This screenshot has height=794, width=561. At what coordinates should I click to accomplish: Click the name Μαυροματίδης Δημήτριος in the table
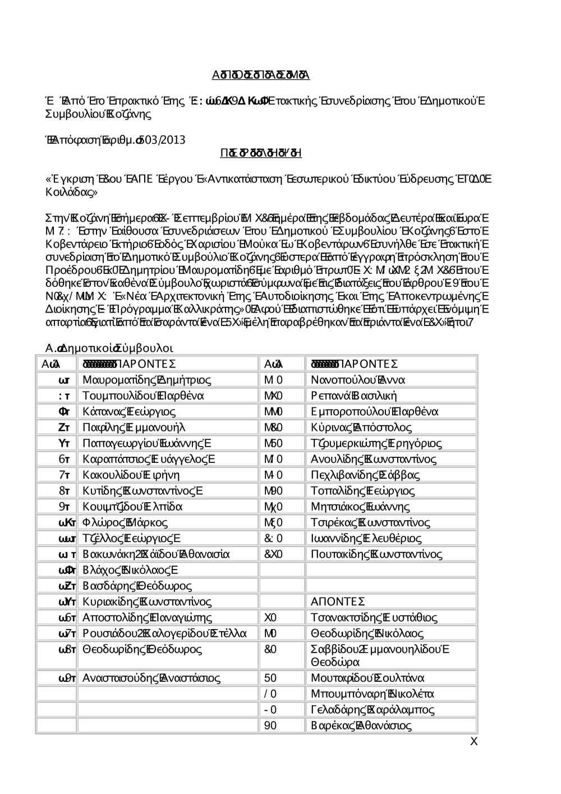click(146, 380)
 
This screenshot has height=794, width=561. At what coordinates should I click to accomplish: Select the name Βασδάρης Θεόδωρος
click(137, 586)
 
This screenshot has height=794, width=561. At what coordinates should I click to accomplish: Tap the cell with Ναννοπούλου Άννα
click(357, 380)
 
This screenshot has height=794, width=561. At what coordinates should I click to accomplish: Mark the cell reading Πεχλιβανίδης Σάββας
click(365, 475)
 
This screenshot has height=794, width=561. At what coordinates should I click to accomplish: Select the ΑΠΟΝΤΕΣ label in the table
click(338, 602)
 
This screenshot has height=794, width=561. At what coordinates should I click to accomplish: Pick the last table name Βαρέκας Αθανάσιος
click(361, 726)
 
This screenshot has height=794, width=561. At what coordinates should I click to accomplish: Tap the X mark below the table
click(473, 742)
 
